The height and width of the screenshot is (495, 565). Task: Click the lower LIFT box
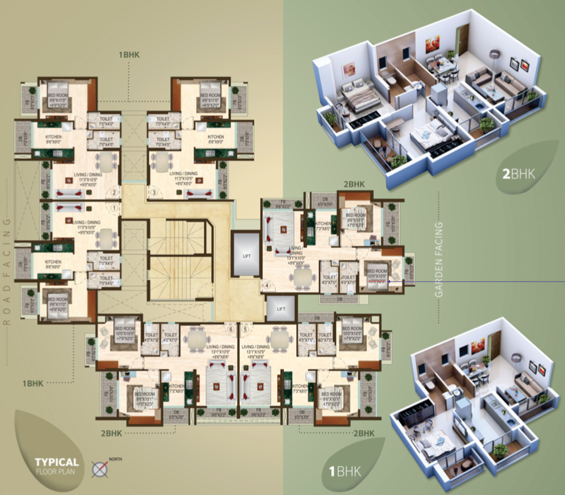[281, 308]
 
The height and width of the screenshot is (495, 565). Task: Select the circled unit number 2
[114, 193]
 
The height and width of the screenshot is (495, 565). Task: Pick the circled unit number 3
[154, 193]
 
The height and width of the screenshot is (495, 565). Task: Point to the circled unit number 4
[267, 285]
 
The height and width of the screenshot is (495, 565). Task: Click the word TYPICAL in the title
[58, 462]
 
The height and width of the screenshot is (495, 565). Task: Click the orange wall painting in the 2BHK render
[432, 44]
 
